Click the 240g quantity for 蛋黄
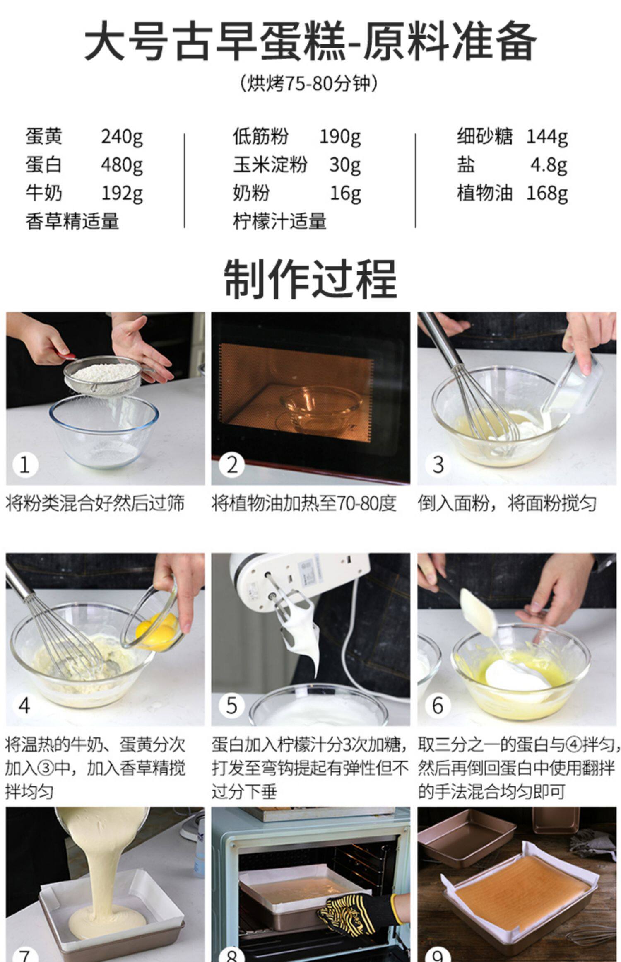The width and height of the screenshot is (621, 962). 122,137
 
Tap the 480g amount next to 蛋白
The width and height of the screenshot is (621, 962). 122,165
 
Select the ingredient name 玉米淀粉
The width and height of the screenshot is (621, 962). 270,164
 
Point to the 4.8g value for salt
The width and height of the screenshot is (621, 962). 549,165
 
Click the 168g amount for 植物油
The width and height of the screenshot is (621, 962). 547,193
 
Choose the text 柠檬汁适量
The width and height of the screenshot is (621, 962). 280,221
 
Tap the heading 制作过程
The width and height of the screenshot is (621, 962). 310,278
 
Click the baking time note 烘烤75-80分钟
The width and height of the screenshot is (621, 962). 309,83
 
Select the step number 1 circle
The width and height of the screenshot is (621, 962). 25,465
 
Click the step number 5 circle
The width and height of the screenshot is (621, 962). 231,706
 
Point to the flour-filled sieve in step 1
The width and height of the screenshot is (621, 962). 103,373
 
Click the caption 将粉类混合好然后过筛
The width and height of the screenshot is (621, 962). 95,504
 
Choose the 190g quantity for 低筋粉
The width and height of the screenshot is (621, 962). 340,137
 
